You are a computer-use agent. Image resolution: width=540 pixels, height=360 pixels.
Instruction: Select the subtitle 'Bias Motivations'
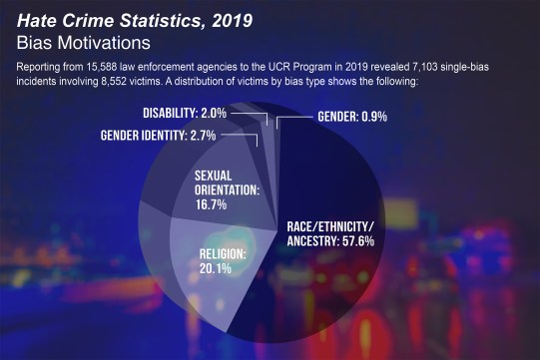click(83, 43)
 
